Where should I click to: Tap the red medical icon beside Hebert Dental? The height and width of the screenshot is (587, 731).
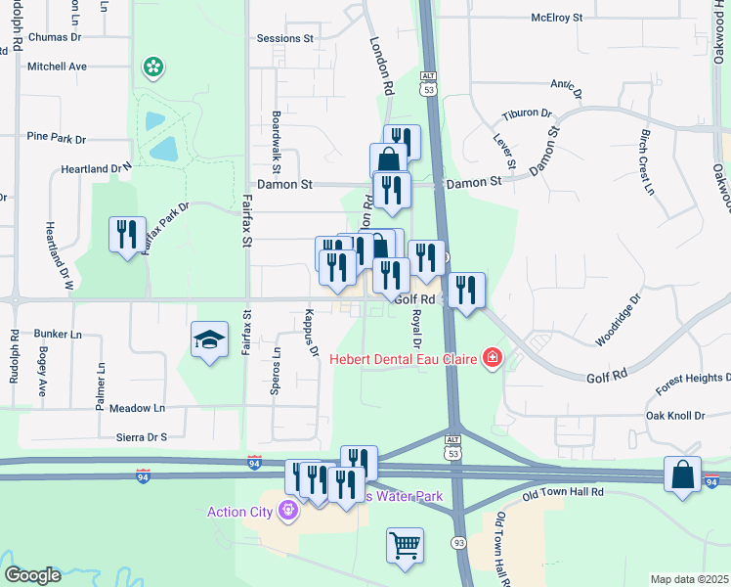click(492, 359)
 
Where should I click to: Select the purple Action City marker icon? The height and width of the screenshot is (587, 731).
click(287, 511)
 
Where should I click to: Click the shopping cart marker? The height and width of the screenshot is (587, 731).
click(405, 544)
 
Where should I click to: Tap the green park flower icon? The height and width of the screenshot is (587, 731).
click(152, 68)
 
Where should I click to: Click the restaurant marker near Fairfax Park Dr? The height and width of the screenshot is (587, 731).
click(127, 234)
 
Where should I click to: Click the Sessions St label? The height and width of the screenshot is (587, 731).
click(284, 39)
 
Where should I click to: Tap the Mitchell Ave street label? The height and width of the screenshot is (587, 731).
click(57, 67)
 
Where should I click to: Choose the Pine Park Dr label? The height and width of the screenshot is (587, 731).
click(57, 137)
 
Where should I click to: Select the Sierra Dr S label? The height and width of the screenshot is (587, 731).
click(143, 437)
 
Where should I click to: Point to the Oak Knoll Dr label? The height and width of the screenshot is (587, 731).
click(674, 416)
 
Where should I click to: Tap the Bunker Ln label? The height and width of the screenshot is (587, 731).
click(57, 334)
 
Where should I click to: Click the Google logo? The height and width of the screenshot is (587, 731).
click(32, 575)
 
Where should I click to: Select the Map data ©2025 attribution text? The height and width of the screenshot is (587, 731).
click(688, 579)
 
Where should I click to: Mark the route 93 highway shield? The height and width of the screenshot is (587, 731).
click(457, 542)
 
